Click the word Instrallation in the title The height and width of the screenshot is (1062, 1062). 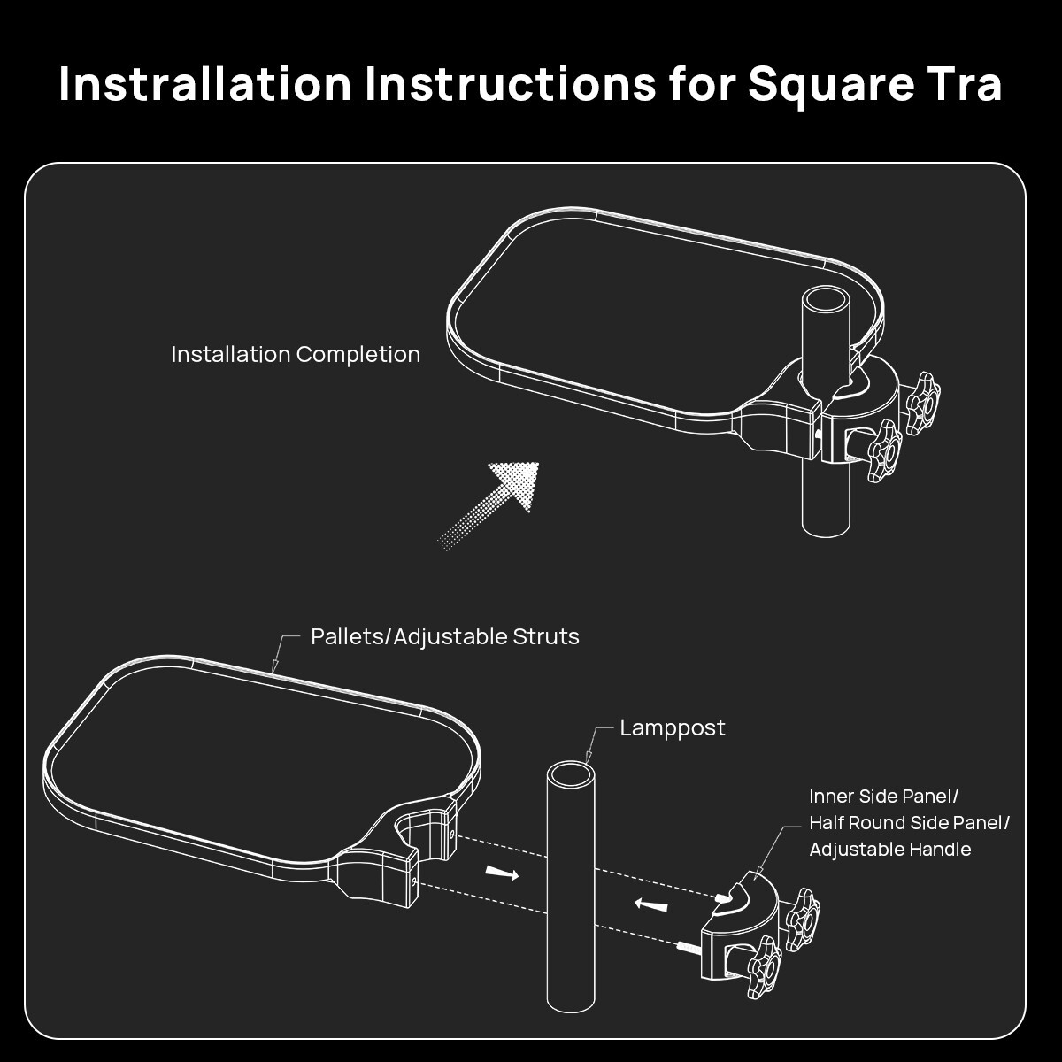(x=205, y=84)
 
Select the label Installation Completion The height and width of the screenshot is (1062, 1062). (x=296, y=354)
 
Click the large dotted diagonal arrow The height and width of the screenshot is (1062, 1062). (x=488, y=505)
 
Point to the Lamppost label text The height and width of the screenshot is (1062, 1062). (x=673, y=729)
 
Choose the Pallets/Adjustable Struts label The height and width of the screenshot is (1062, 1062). (x=445, y=637)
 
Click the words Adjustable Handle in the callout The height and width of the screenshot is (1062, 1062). (x=890, y=850)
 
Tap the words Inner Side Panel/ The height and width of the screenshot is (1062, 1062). (x=884, y=796)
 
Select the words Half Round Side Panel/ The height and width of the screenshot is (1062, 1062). (x=910, y=823)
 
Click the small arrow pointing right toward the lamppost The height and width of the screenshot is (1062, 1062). (x=502, y=873)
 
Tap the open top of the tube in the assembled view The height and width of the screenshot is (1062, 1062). (x=826, y=300)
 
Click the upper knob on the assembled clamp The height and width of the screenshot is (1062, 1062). (x=924, y=403)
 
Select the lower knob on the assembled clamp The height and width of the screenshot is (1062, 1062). (x=886, y=450)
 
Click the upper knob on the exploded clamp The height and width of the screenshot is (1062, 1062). (x=803, y=920)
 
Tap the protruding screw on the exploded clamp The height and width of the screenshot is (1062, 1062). (x=689, y=948)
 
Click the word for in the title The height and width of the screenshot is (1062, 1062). (x=701, y=84)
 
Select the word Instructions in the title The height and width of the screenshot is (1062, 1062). (x=511, y=84)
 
